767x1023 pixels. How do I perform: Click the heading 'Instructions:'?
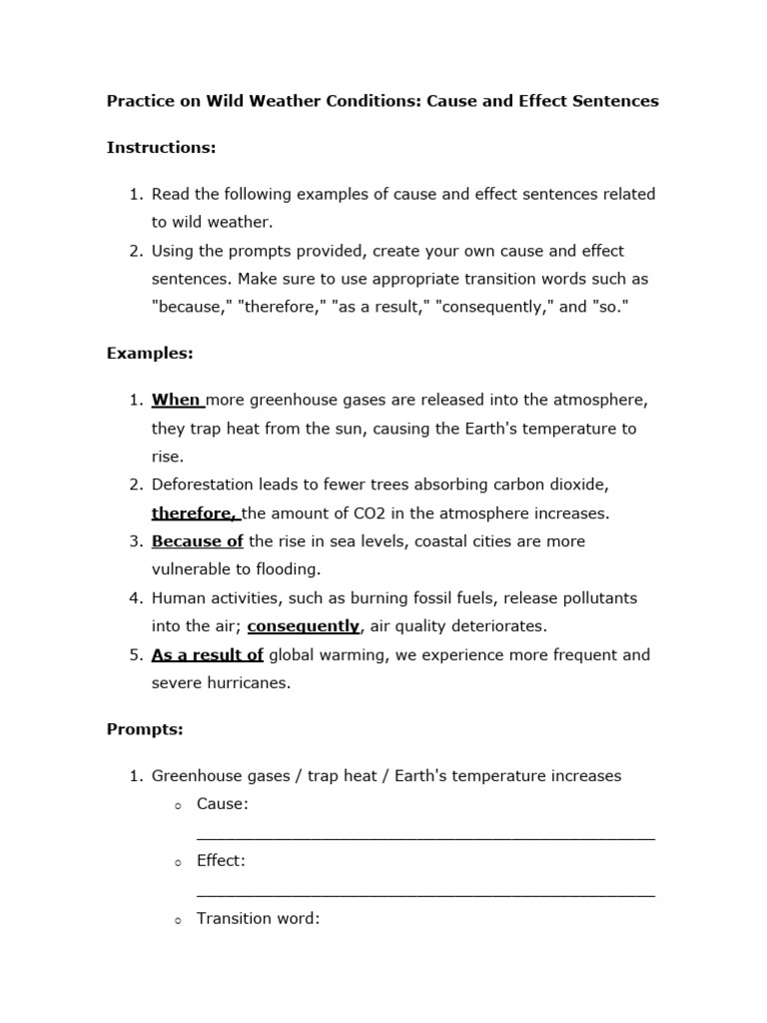pyautogui.click(x=161, y=148)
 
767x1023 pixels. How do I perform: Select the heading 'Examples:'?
pyautogui.click(x=150, y=354)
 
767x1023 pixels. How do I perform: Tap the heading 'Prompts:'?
pyautogui.click(x=145, y=729)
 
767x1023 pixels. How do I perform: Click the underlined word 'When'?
pyautogui.click(x=177, y=400)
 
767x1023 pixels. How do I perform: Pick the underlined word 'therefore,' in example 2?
pyautogui.click(x=195, y=513)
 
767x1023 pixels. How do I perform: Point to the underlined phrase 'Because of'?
pyautogui.click(x=198, y=541)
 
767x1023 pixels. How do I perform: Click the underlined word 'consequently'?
pyautogui.click(x=304, y=626)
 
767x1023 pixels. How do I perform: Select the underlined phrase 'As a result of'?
pyautogui.click(x=208, y=655)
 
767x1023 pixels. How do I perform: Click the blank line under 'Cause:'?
pyautogui.click(x=425, y=837)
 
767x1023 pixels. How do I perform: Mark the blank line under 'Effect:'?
pyautogui.click(x=425, y=893)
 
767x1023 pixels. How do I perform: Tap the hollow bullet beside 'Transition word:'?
pyautogui.click(x=176, y=919)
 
